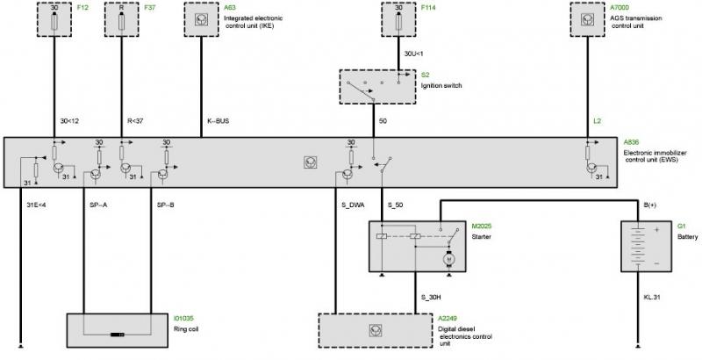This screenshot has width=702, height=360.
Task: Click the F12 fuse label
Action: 82,8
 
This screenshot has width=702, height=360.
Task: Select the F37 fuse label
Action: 150,8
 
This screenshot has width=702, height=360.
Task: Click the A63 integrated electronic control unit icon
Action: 201,19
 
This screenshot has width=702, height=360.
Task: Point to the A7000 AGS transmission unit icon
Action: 587,19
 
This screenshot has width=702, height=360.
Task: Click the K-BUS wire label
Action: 218,121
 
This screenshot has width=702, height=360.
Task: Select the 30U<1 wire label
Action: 413,54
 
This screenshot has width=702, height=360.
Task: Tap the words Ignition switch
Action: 441,85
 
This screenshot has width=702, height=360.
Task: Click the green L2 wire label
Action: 598,121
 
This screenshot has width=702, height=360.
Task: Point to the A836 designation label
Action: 632,142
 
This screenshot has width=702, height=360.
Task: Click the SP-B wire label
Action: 165,205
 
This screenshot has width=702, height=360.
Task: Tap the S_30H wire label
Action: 432,297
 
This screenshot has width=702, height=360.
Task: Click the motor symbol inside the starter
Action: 448,258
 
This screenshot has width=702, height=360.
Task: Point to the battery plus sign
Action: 656,230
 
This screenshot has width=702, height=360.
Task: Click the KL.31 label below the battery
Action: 652,297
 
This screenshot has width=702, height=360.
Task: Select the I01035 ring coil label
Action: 183,319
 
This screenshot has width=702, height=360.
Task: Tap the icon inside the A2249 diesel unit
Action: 376,330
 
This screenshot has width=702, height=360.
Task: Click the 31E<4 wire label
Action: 36,205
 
